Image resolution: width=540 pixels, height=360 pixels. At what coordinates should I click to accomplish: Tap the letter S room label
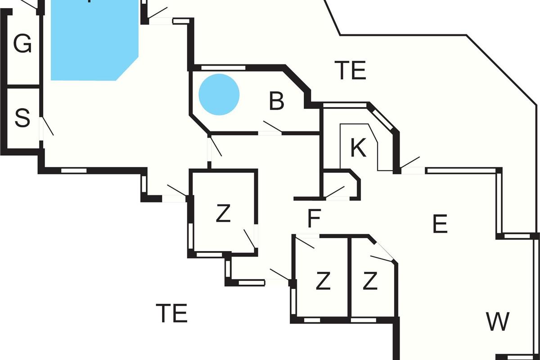click(x=22, y=119)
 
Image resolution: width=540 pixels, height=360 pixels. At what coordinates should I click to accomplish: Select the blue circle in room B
click(x=219, y=94)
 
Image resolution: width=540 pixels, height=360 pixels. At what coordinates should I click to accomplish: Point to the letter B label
click(x=276, y=102)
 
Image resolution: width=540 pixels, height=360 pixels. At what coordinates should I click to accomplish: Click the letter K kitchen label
click(x=358, y=148)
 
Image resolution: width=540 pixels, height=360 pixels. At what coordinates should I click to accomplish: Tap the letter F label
click(x=314, y=219)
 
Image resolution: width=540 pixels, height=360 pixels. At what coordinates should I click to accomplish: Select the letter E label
click(x=440, y=224)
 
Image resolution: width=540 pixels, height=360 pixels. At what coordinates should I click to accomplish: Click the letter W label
click(x=498, y=322)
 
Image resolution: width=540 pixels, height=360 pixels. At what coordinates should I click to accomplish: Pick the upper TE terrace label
click(x=351, y=71)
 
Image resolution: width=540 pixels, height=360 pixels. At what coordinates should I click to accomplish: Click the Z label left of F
click(x=223, y=214)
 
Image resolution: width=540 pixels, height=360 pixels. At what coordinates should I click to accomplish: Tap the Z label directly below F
click(x=323, y=282)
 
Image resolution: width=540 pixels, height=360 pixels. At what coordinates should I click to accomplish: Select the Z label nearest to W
click(x=369, y=282)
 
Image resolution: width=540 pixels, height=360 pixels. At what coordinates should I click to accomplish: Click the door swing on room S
click(x=46, y=126)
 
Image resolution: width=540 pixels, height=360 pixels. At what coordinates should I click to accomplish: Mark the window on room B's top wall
click(x=223, y=68)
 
